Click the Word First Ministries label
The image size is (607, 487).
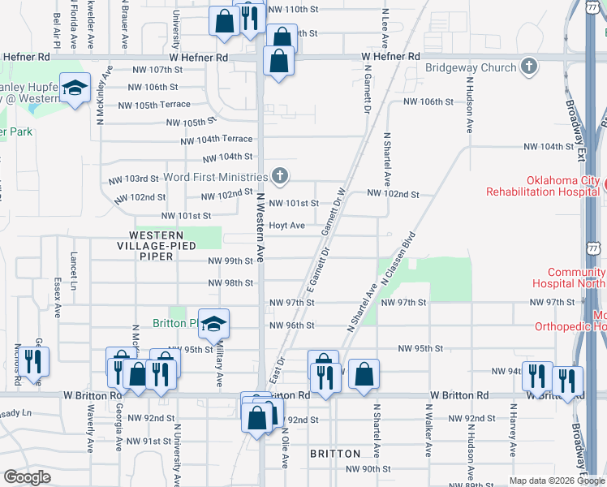pyautogui.click(x=215, y=177)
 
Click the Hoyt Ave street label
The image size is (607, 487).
pyautogui.click(x=286, y=225)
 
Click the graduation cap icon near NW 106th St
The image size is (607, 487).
pyautogui.click(x=75, y=89)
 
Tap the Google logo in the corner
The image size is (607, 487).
pyautogui.click(x=27, y=477)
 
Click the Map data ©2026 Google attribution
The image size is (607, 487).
pyautogui.click(x=556, y=481)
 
